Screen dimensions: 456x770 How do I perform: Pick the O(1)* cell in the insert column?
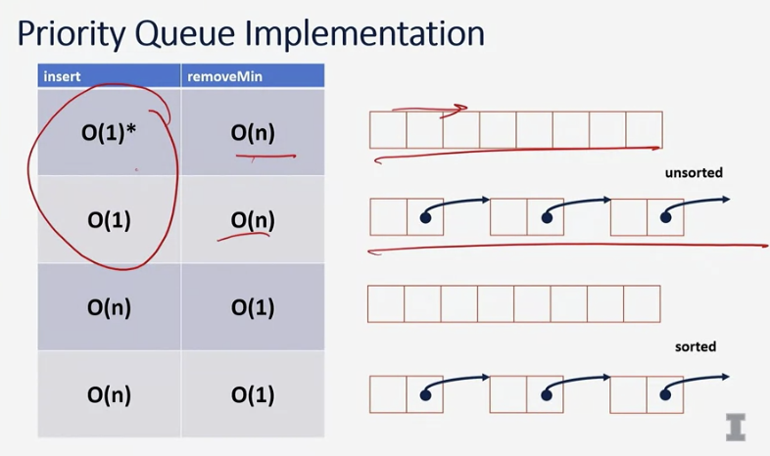pos(109,133)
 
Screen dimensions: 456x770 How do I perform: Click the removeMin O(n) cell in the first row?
pos(253,133)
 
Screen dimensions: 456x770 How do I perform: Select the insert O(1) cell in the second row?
pos(109,220)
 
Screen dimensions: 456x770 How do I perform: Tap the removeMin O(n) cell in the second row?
pos(253,220)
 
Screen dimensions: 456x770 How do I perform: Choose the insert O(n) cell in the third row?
pos(109,307)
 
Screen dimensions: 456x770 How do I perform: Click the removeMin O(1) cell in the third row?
pos(253,307)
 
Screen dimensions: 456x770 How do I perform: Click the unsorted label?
pos(693,173)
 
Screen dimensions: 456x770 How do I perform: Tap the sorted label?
pos(696,346)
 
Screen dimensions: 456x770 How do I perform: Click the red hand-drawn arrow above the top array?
pos(431,110)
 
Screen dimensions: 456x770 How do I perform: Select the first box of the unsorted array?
pos(388,129)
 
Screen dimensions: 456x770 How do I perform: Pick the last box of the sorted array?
pos(642,303)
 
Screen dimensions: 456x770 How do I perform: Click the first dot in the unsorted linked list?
pos(425,218)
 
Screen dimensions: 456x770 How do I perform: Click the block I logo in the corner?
pos(736,427)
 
